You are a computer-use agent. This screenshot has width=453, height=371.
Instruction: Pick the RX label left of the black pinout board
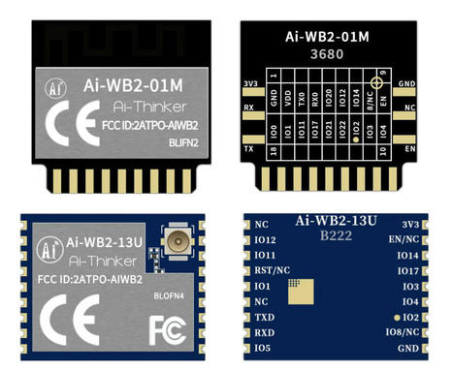tap(249, 108)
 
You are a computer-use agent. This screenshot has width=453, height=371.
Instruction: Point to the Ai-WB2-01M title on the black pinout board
tap(333, 36)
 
